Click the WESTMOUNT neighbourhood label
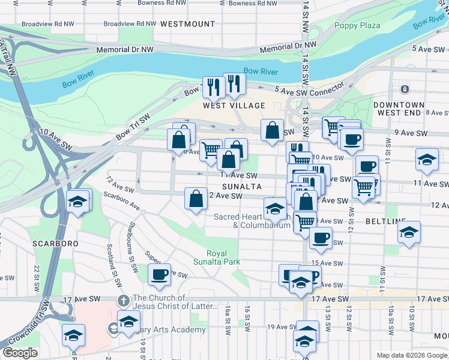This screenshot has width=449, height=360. (x=187, y=24)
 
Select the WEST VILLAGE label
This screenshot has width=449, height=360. (x=234, y=106)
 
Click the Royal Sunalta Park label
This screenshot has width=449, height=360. (x=216, y=257)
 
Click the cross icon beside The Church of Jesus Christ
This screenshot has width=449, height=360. (x=122, y=300)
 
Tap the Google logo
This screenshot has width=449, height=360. (x=20, y=353)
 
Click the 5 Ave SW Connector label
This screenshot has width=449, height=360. (x=309, y=89)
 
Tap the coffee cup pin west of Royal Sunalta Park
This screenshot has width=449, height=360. (x=159, y=275)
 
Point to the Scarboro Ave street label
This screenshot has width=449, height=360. (x=121, y=201)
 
